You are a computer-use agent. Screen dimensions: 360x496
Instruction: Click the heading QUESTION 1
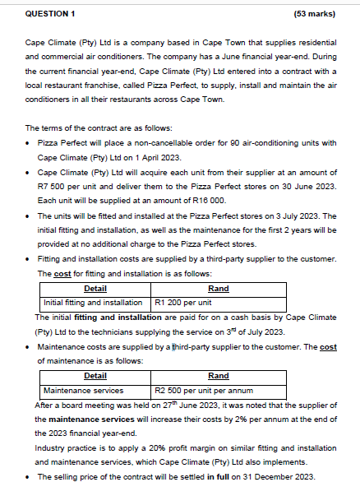pos(51,14)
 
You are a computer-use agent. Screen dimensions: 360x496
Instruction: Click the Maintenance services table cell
pos(82,391)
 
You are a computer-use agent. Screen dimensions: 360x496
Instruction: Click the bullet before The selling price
pos(29,477)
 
